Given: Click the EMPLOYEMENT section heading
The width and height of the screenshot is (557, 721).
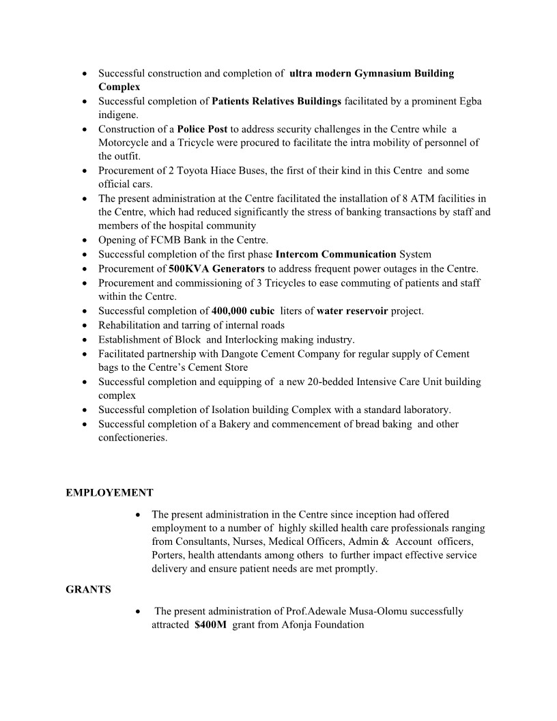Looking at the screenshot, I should point(109,492).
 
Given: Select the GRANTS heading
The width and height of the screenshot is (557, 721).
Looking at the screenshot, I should point(88,589).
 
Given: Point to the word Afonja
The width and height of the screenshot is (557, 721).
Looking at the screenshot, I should point(294,625).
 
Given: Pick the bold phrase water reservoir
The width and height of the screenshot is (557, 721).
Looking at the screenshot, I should point(352,311).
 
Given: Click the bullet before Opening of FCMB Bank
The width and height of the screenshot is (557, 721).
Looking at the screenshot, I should point(83,240).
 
